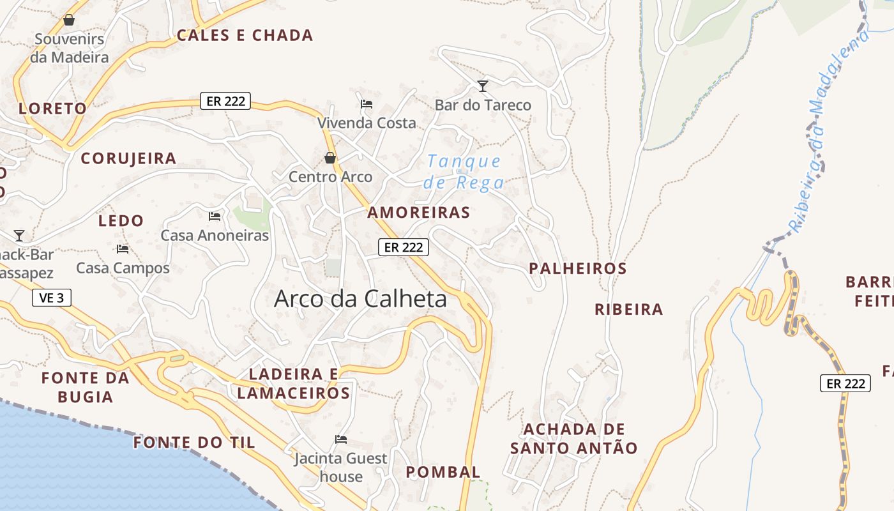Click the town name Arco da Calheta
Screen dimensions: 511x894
click(x=360, y=299)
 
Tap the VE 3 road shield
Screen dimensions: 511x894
click(x=52, y=298)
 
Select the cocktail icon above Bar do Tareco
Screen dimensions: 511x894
click(x=483, y=86)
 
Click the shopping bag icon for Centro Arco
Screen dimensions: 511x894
click(x=330, y=158)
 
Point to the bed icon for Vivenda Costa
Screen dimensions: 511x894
click(x=367, y=104)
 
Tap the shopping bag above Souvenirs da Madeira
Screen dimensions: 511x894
click(x=69, y=20)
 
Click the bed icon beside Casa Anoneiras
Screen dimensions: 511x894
click(x=215, y=217)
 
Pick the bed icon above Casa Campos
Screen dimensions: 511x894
click(x=123, y=249)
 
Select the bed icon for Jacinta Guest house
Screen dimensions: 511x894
click(x=341, y=439)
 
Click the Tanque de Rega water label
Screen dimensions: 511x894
click(x=464, y=172)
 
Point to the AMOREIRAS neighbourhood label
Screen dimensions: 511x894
click(x=419, y=213)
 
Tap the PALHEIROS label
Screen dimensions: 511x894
click(x=578, y=269)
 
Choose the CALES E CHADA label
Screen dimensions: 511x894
click(x=245, y=36)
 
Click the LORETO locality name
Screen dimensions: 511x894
click(x=52, y=109)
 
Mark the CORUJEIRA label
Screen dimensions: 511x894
click(x=128, y=158)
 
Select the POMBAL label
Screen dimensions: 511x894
click(x=443, y=473)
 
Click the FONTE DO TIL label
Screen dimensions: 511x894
click(x=194, y=443)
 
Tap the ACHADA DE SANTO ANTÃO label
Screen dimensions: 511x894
click(x=574, y=438)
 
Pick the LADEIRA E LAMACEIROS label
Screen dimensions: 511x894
click(x=294, y=383)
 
